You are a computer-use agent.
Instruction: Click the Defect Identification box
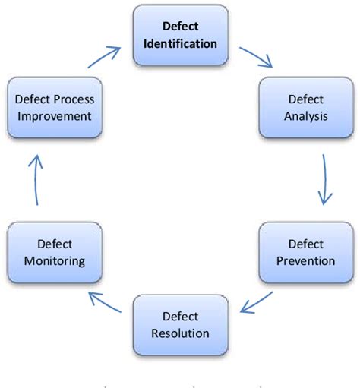[x=180, y=36]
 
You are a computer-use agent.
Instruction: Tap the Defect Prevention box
[x=306, y=253]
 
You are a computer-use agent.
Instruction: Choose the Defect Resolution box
[x=180, y=324]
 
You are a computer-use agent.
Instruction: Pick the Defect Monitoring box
[x=53, y=253]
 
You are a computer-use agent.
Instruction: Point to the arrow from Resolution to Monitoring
[x=108, y=301]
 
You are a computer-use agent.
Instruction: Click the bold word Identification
[x=180, y=43]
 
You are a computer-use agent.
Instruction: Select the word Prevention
[x=306, y=261]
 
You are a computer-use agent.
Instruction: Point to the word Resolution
[x=180, y=333]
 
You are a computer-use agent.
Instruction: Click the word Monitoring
[x=53, y=261]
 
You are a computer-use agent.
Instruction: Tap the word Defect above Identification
[x=180, y=27]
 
